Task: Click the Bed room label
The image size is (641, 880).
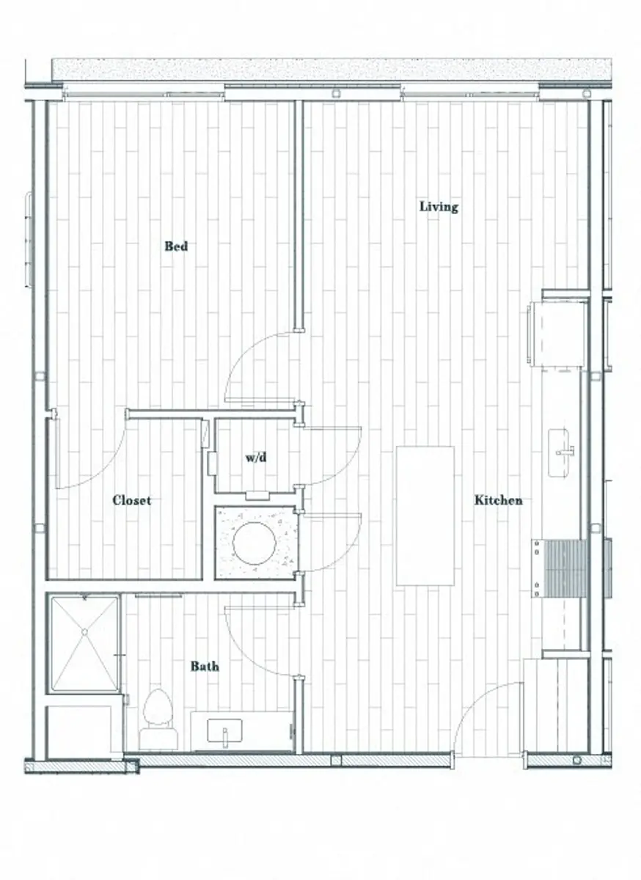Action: pyautogui.click(x=176, y=246)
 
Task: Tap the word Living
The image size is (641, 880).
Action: pyautogui.click(x=439, y=207)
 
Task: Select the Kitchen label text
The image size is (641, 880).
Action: pyautogui.click(x=499, y=500)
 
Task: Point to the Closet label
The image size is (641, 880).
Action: pyautogui.click(x=132, y=500)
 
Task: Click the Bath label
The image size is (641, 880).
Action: pyautogui.click(x=205, y=667)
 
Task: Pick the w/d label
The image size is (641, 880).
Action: pyautogui.click(x=255, y=458)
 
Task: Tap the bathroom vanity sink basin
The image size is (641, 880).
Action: pyautogui.click(x=224, y=730)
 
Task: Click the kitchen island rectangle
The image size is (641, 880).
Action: pyautogui.click(x=425, y=516)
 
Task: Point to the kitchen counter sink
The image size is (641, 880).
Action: pyautogui.click(x=563, y=452)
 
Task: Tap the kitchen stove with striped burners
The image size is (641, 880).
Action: pyautogui.click(x=560, y=568)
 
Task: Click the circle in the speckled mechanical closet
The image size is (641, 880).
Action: pyautogui.click(x=254, y=543)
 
